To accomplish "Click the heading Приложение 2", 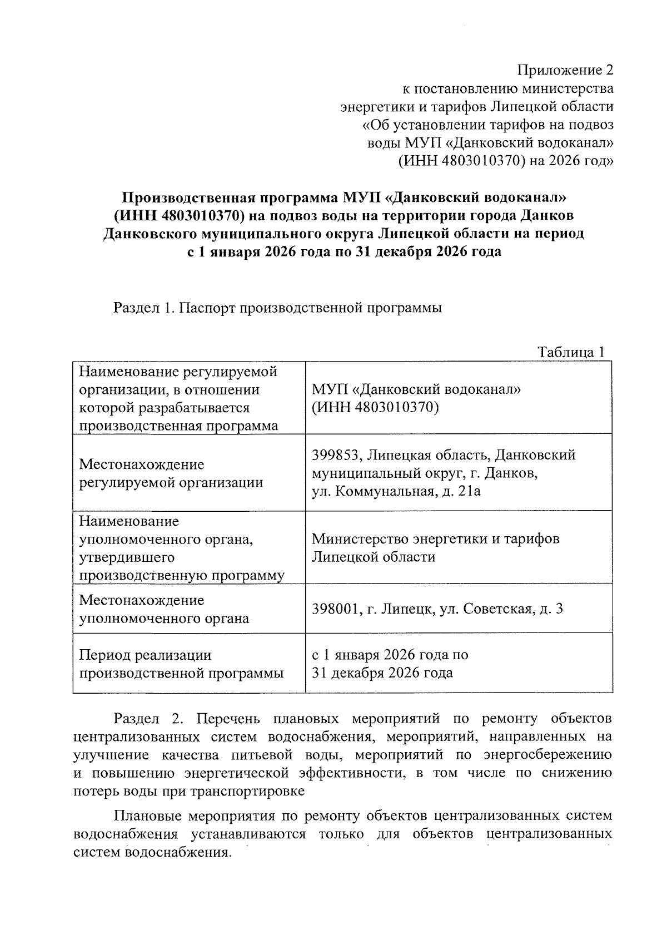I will (x=565, y=70).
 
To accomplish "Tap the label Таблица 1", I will (x=570, y=352).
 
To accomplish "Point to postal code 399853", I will (x=335, y=455).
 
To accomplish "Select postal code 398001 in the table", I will (x=335, y=609).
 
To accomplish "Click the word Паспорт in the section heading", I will (x=207, y=308).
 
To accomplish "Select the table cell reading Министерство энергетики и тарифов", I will (x=435, y=539).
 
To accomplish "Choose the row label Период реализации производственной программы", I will (x=181, y=664).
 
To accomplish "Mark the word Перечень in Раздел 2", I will (x=228, y=719).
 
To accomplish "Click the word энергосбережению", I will (x=547, y=755).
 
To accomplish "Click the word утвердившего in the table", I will (x=127, y=557).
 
